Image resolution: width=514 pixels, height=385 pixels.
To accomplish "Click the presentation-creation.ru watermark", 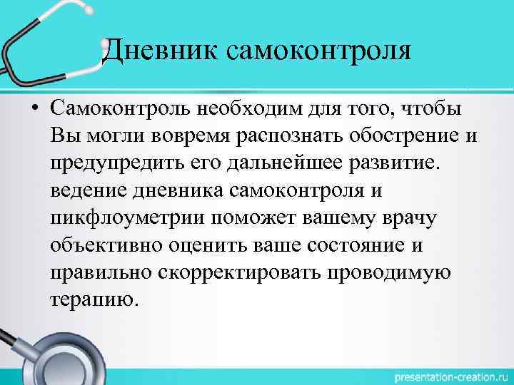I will (x=443, y=374).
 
